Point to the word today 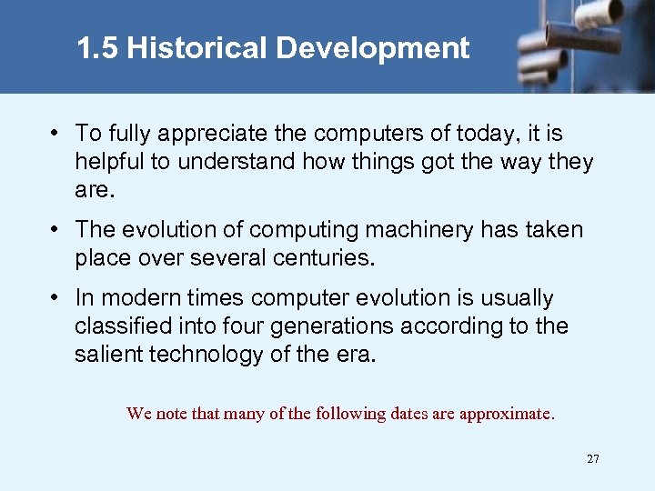489,135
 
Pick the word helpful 113,163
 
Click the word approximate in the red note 507,414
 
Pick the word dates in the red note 409,414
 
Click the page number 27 593,459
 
